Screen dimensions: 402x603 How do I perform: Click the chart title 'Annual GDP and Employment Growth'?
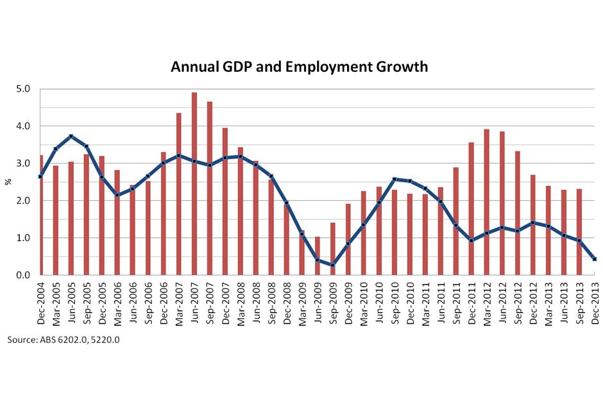[299, 67]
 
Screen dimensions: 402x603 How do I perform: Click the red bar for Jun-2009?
[317, 256]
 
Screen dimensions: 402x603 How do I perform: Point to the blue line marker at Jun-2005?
[71, 136]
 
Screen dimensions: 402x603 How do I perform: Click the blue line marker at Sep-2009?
[332, 265]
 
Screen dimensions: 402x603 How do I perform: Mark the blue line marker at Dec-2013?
[594, 259]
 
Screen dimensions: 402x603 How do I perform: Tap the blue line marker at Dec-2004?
[40, 176]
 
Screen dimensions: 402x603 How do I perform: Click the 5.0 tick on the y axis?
[24, 89]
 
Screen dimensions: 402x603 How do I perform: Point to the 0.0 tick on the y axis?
[24, 275]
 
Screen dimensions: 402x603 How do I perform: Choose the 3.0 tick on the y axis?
[24, 163]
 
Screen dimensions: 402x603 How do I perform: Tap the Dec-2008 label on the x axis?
[287, 305]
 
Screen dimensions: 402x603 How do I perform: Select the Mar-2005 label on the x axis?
[56, 305]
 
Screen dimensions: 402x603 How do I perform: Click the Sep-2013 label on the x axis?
[580, 305]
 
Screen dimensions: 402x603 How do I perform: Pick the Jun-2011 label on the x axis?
[441, 305]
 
